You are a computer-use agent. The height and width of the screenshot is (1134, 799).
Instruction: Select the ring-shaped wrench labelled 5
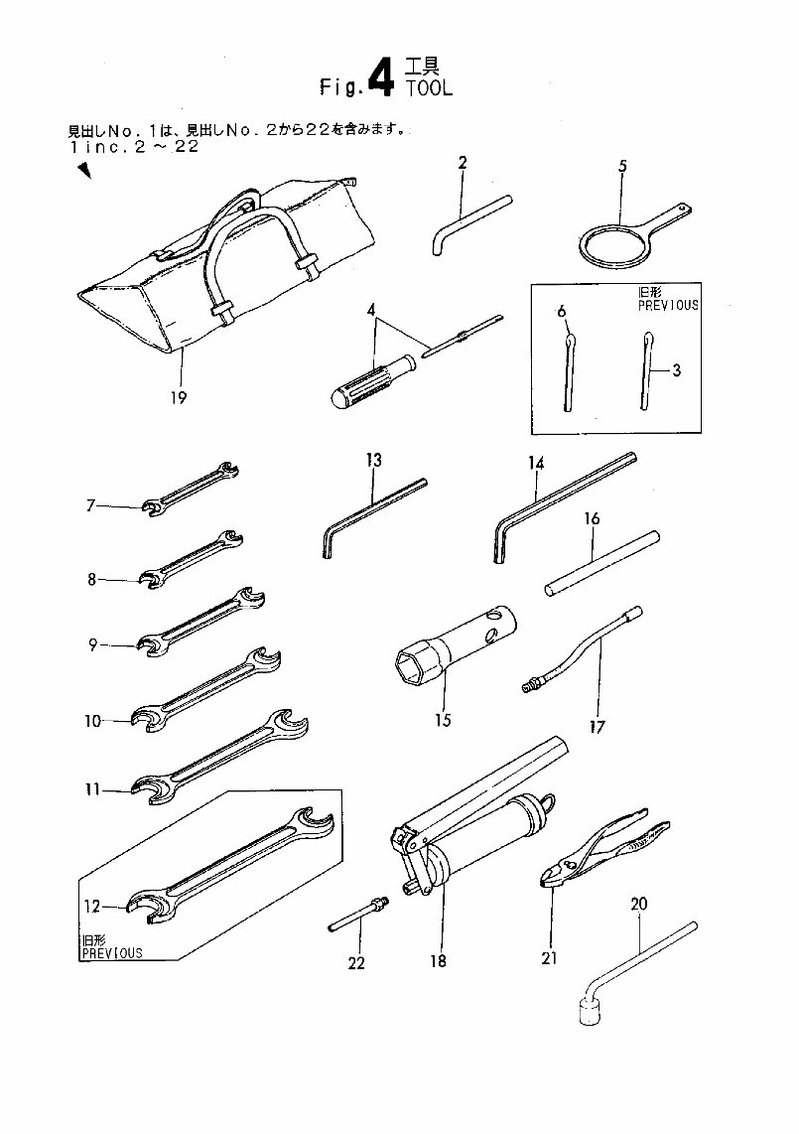609,242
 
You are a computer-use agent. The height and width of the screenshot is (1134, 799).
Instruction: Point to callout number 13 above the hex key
373,460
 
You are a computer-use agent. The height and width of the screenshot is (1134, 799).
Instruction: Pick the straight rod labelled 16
602,563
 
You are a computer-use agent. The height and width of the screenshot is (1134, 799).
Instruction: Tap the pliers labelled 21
604,849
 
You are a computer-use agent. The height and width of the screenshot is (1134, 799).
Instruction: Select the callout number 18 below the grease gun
438,960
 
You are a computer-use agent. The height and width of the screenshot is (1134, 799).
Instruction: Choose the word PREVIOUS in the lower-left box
110,952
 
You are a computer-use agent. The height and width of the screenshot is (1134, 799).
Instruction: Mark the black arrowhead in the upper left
84,171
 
